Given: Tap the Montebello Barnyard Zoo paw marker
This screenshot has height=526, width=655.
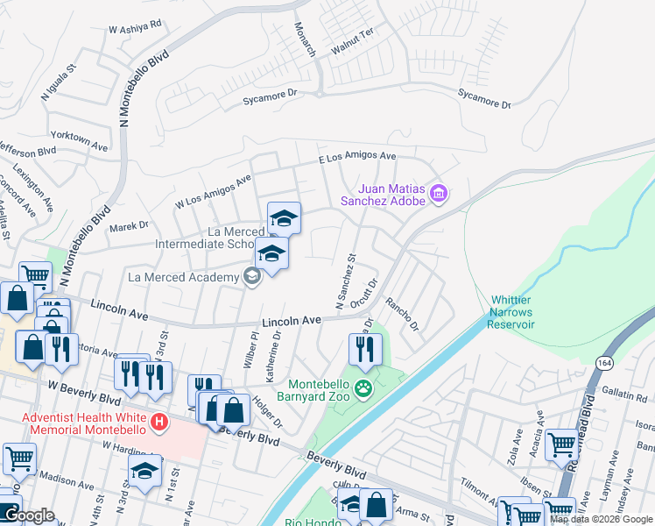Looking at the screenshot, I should tap(363, 387).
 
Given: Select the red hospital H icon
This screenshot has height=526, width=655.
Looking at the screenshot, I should tap(158, 423).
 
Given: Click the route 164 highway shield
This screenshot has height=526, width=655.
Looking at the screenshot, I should tap(604, 362).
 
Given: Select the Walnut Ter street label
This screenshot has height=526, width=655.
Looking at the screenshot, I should tap(352, 42).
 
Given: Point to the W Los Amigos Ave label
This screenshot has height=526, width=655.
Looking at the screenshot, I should tap(213, 190).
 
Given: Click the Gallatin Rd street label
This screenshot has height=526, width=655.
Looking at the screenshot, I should tap(625, 397).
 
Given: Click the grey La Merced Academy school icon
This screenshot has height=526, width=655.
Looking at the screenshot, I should tap(252, 278).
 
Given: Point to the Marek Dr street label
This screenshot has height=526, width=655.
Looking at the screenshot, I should tap(129, 226).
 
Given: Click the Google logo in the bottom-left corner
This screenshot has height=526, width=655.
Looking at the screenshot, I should tap(28, 515).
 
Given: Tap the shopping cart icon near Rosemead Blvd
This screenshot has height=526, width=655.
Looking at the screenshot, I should tap(560, 444).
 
